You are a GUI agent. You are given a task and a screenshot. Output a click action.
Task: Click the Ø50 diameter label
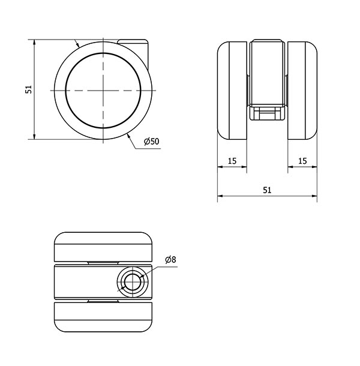[152, 142]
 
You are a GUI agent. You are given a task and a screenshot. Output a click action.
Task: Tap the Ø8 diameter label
[170, 260]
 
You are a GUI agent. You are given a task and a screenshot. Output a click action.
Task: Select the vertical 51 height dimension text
[28, 89]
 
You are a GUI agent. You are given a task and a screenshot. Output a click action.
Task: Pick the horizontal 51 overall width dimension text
[268, 190]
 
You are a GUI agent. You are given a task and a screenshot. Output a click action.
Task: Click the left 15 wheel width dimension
[232, 161]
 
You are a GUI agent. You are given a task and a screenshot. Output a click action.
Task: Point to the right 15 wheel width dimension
[302, 161]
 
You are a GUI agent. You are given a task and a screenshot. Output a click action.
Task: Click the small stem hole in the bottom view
[133, 283]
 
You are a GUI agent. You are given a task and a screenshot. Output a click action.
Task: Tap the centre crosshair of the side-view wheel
[103, 91]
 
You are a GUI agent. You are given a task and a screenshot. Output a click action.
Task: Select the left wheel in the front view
[232, 91]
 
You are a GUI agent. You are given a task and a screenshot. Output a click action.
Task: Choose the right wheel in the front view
[302, 91]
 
